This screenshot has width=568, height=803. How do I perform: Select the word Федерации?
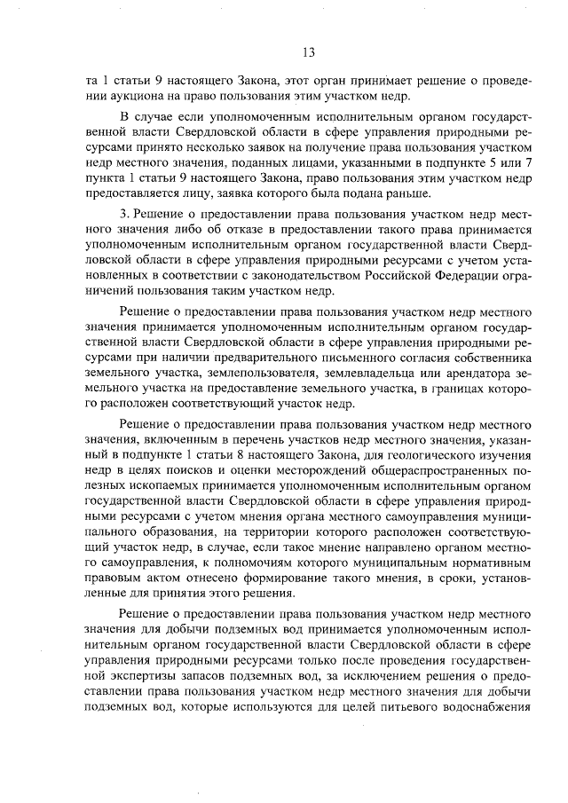[x=459, y=279]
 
